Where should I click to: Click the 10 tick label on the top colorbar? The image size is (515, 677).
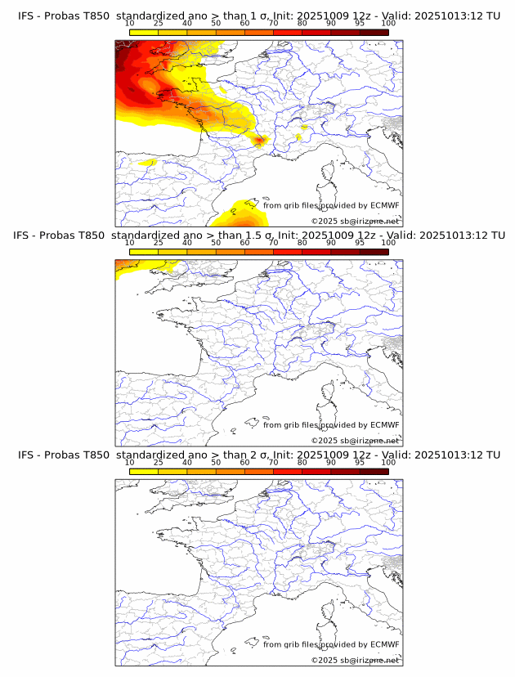click(x=129, y=23)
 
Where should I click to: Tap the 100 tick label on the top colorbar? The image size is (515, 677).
click(x=388, y=23)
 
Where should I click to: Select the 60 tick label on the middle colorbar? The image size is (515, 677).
click(x=244, y=243)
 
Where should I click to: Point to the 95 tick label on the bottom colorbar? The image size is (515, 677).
click(x=360, y=463)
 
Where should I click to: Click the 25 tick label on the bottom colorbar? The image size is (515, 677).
click(x=158, y=463)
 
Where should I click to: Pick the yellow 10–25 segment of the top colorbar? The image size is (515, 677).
click(x=144, y=33)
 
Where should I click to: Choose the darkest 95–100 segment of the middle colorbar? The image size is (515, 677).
click(x=374, y=253)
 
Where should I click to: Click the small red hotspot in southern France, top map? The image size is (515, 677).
click(x=259, y=141)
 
